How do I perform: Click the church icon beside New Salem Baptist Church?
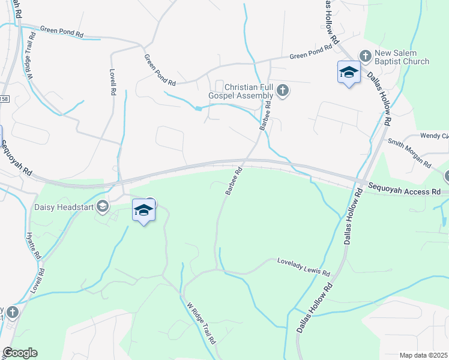tap(366, 56)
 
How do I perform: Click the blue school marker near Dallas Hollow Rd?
tap(348, 73)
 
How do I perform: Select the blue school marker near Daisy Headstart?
tap(143, 211)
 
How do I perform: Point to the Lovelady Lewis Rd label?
tap(303, 268)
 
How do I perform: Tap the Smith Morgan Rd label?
tap(409, 153)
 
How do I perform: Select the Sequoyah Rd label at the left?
tap(16, 158)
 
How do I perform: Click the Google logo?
tap(20, 352)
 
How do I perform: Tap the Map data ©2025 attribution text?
tap(423, 355)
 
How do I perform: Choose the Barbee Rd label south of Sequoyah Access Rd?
tap(234, 180)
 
